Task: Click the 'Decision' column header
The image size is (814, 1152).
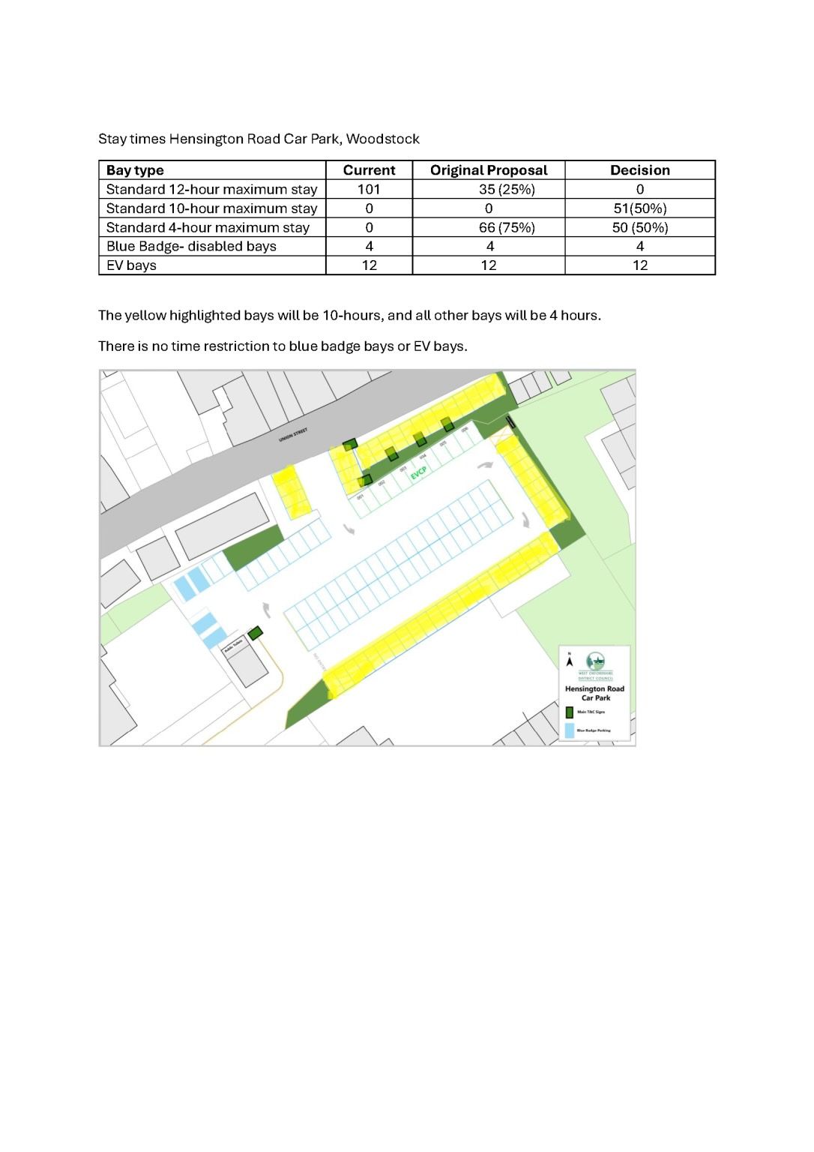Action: click(639, 170)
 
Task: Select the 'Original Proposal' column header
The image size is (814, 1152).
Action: click(489, 170)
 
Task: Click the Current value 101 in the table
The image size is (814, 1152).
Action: click(369, 190)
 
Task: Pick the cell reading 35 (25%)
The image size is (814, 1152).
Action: click(507, 190)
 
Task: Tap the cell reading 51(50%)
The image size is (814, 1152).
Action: click(639, 208)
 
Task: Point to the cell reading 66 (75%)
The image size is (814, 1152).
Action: click(507, 227)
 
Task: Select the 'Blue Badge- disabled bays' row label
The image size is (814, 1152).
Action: click(191, 247)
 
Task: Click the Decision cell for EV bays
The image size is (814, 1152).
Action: click(639, 265)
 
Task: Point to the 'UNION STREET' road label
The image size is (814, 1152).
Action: click(293, 434)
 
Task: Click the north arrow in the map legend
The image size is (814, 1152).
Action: click(570, 661)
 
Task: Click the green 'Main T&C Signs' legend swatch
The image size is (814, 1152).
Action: click(570, 712)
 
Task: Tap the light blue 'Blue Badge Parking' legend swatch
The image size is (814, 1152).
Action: click(570, 730)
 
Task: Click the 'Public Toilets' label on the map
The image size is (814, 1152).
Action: click(235, 647)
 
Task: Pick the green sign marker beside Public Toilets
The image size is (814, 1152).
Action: click(256, 633)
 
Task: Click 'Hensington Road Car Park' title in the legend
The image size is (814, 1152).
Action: click(594, 693)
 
